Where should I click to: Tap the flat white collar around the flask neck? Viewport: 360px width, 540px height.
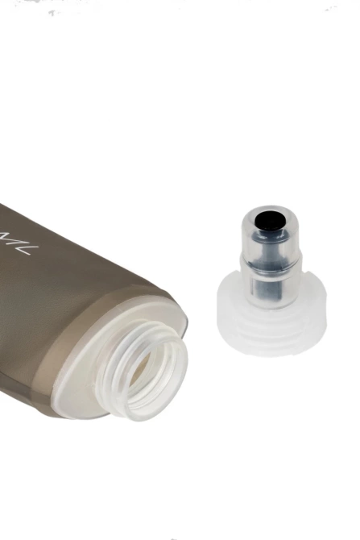(x=81, y=379)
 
